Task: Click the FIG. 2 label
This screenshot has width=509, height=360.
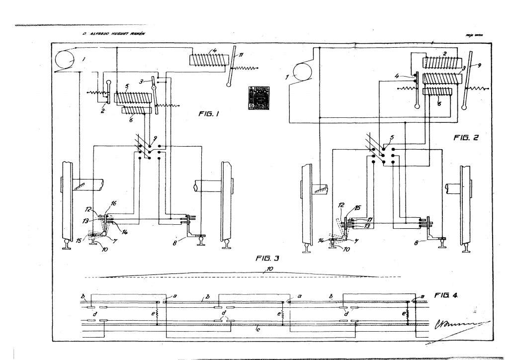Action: coord(465,138)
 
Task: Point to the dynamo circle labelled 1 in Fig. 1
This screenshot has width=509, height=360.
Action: coord(64,61)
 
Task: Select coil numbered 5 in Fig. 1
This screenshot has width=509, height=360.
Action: coord(132,97)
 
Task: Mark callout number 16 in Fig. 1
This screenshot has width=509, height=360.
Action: coord(113,204)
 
